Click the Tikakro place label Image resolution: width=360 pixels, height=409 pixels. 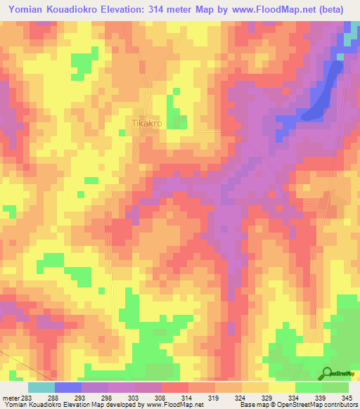pyautogui.click(x=147, y=123)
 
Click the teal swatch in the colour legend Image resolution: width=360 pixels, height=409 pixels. pyautogui.click(x=41, y=387)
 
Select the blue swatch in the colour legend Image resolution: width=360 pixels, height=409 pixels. pyautogui.click(x=67, y=387)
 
